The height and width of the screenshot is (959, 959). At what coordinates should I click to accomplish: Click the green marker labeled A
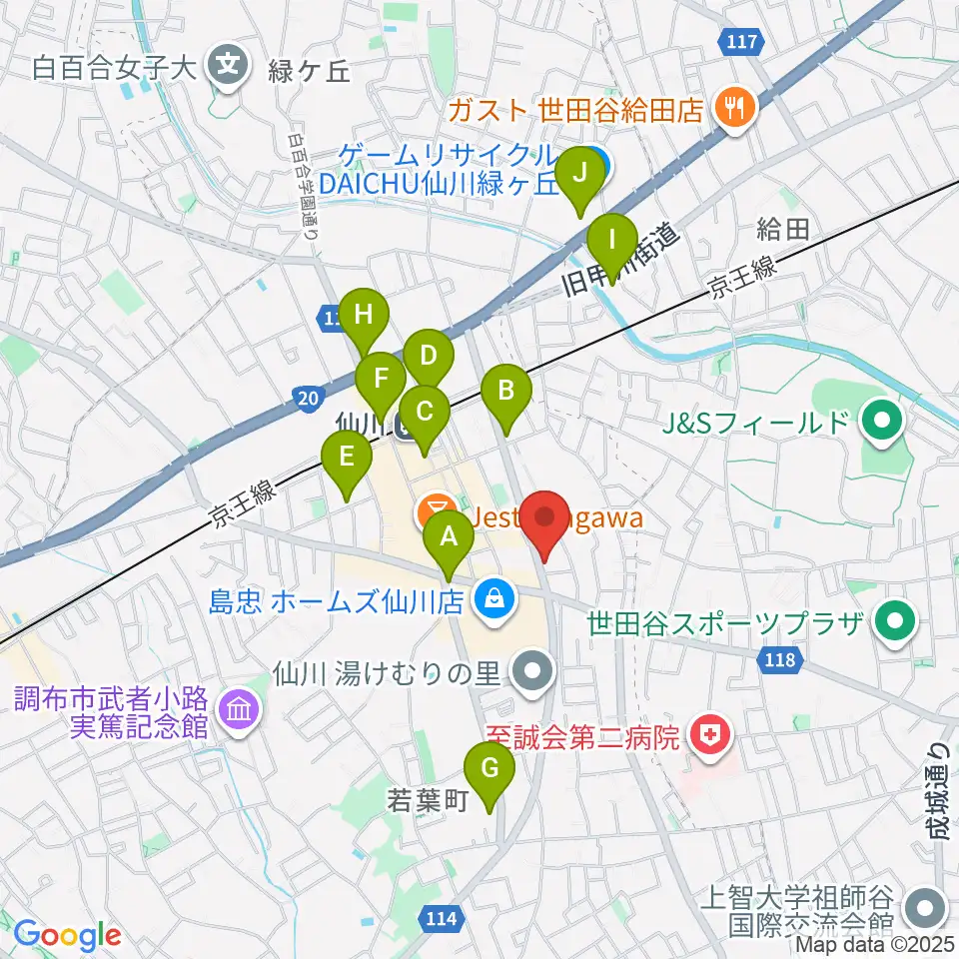click(449, 540)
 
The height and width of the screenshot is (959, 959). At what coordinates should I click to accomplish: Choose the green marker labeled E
click(347, 460)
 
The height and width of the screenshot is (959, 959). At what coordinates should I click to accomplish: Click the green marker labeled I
click(611, 243)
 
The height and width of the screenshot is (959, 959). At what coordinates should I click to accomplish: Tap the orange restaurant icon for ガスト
click(737, 107)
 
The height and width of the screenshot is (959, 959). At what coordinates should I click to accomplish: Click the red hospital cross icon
click(711, 738)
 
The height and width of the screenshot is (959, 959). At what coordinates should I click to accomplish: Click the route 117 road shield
click(743, 42)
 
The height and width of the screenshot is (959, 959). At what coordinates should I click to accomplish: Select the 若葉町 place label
click(427, 801)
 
